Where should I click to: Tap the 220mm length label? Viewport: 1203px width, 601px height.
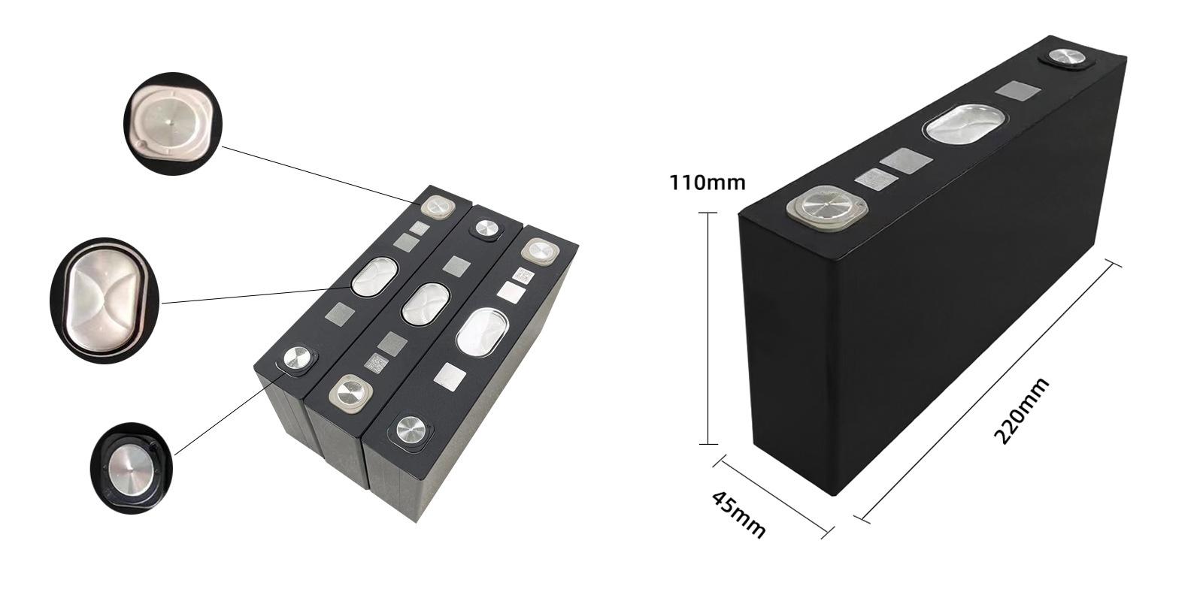(x=1021, y=412)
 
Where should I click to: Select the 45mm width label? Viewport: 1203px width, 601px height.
(x=738, y=515)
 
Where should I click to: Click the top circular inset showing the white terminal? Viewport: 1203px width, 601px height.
(x=173, y=121)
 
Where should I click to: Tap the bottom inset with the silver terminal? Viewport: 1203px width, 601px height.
(x=132, y=468)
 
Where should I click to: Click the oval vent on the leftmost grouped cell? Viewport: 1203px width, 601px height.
(x=374, y=277)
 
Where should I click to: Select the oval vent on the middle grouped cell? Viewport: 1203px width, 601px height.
(x=426, y=303)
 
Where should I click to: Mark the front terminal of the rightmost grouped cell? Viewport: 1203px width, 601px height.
(x=411, y=431)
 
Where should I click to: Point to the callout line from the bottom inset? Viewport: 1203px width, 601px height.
(x=226, y=409)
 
